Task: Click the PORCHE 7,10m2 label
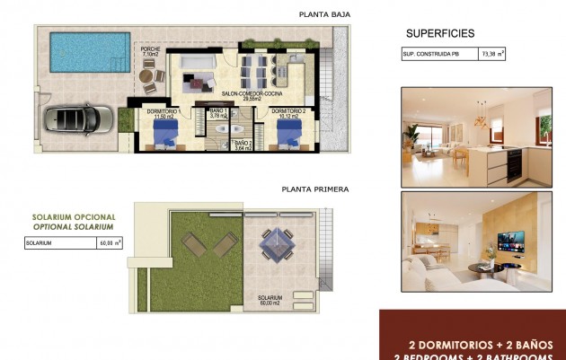[150, 52]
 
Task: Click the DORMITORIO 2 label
[287, 113]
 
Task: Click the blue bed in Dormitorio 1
[165, 134]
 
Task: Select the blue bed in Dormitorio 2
[288, 134]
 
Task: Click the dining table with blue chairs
[256, 66]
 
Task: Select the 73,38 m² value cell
[492, 54]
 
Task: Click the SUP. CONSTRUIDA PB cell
[439, 54]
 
